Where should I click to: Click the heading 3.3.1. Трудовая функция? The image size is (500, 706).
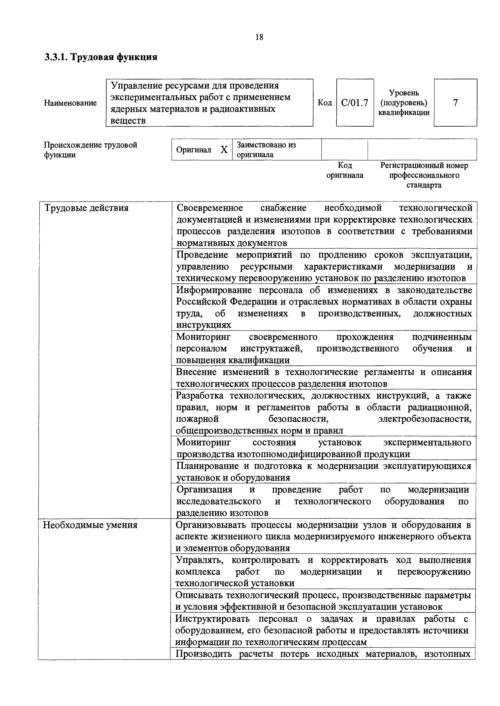click(x=101, y=57)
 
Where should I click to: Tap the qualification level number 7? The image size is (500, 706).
click(x=455, y=103)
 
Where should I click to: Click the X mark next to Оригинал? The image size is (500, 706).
click(x=224, y=150)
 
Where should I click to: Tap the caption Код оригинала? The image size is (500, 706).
click(x=345, y=170)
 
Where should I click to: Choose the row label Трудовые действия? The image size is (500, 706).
click(x=86, y=208)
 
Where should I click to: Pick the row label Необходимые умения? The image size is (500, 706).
click(x=90, y=525)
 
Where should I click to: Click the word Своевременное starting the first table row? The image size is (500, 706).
click(x=210, y=208)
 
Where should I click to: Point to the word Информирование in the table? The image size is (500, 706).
click(x=214, y=290)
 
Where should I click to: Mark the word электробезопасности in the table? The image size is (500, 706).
click(x=425, y=419)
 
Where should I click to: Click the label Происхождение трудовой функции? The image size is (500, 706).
click(x=90, y=150)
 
